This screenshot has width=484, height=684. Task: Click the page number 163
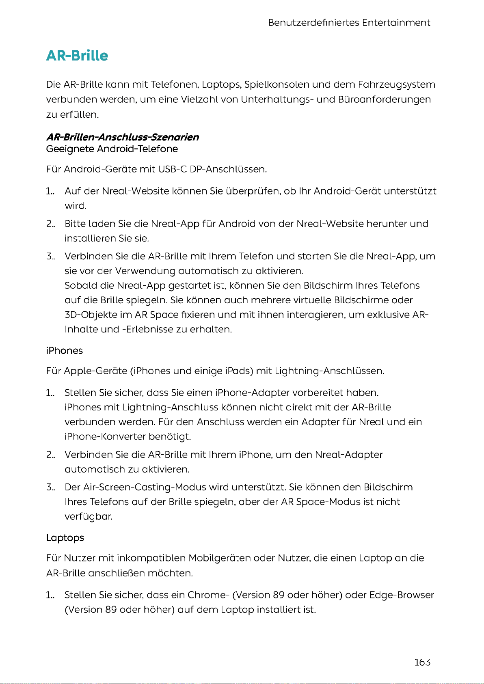422,662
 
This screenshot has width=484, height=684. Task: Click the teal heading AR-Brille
77,56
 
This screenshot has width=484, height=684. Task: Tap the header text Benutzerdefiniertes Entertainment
349,23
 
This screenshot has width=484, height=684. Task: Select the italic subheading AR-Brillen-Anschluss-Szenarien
123,137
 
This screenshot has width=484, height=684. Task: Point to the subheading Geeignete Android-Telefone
112,149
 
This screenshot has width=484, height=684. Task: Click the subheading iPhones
65,351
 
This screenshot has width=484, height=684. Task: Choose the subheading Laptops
65,538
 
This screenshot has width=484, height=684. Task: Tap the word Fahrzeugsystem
397,85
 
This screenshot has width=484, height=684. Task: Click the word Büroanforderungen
384,99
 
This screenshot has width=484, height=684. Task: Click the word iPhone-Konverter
105,437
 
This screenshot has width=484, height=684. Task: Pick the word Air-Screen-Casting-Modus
145,487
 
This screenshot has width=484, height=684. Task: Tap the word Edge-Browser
402,595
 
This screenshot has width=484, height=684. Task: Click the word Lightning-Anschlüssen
329,371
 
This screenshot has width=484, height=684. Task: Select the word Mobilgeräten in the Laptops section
220,558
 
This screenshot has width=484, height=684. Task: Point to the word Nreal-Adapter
349,455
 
